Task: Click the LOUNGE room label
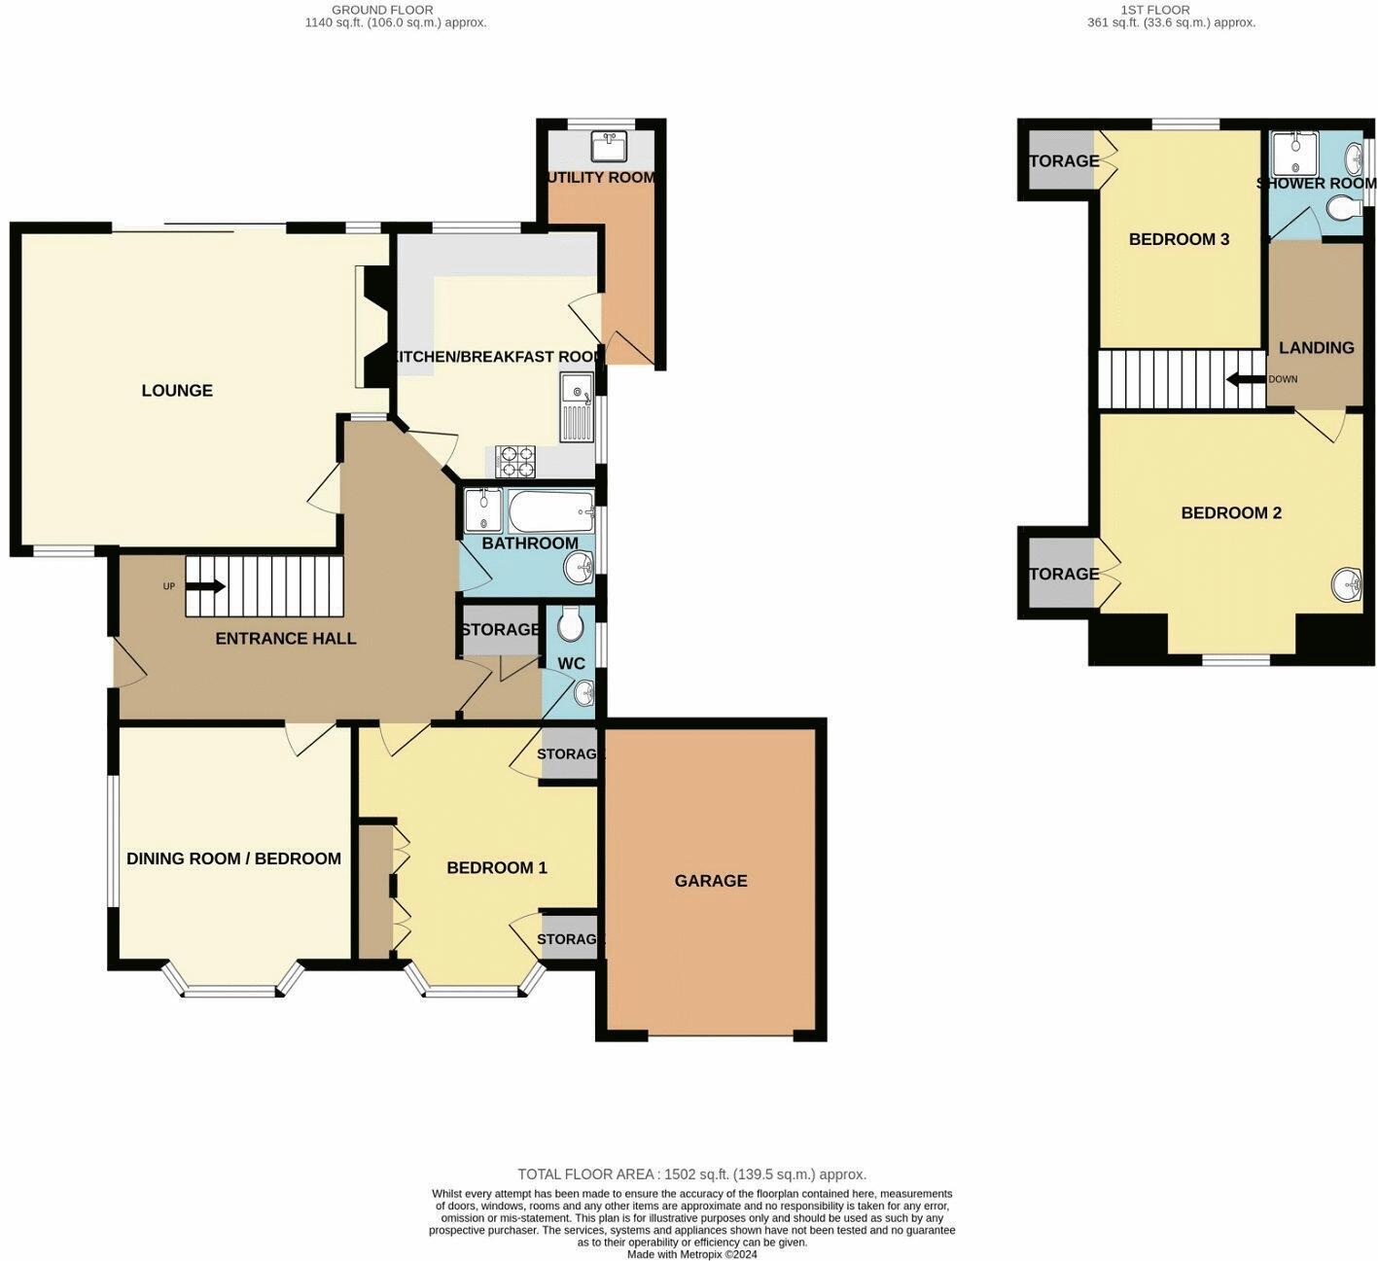177,391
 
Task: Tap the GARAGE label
711,881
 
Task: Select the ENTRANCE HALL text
285,639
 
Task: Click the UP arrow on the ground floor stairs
205,586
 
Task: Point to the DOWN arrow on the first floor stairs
1245,379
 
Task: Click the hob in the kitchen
515,461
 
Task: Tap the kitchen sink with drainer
577,405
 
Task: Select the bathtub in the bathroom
550,510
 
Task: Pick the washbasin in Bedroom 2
1347,584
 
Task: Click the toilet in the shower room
1347,208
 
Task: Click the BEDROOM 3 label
1179,239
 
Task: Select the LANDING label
1316,348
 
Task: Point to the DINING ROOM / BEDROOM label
233,858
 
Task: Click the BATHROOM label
530,543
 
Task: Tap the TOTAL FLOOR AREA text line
691,1174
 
